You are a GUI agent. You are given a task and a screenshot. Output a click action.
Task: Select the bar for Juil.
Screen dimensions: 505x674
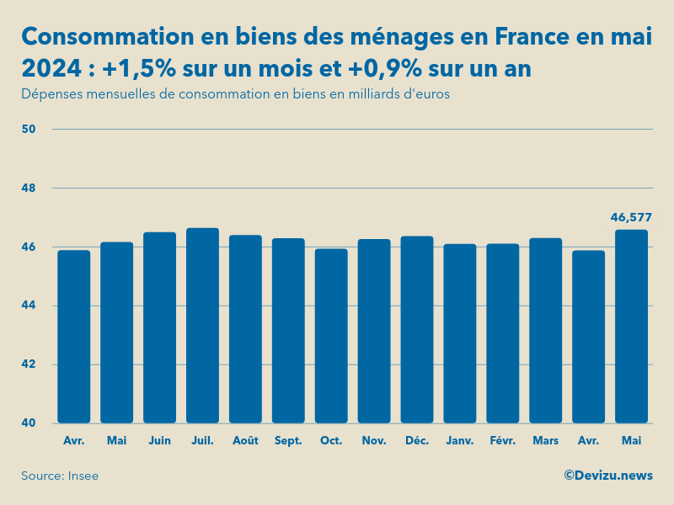pos(202,326)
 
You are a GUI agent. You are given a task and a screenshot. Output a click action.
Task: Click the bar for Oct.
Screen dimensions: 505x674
pos(331,336)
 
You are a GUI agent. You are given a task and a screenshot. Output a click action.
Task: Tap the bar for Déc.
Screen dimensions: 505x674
pos(417,330)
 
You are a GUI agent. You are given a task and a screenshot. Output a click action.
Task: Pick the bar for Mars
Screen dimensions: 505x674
pos(545,331)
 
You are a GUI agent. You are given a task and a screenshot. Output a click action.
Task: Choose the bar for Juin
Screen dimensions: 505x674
pos(159,327)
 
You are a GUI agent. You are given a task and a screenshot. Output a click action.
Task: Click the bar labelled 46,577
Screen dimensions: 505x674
pos(631,327)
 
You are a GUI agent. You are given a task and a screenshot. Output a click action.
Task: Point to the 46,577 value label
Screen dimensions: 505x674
pos(631,217)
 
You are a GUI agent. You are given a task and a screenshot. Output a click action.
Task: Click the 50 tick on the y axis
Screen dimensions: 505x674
pos(29,129)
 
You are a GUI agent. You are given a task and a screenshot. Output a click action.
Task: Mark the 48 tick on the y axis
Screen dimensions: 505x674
pos(29,188)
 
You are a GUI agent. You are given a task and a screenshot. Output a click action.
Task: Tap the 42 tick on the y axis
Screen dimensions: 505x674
pos(29,364)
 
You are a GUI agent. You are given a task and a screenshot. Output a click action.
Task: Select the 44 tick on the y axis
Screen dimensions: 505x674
pos(29,306)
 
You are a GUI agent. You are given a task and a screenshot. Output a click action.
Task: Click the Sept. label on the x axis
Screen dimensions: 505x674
pos(288,440)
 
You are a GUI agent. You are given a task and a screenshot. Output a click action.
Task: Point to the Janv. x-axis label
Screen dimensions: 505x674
pos(460,440)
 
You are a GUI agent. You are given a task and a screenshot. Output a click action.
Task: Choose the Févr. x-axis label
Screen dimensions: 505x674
pos(503,440)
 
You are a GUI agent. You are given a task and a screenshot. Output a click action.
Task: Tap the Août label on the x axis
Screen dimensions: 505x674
pos(245,440)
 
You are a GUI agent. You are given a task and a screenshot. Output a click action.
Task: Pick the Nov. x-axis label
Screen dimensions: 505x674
pos(374,440)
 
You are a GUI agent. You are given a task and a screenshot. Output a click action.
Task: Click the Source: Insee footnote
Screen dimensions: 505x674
pos(60,476)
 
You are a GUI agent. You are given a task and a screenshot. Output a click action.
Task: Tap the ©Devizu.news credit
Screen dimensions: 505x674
pos(607,476)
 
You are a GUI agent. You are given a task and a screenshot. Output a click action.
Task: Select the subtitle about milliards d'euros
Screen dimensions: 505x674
pos(235,94)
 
